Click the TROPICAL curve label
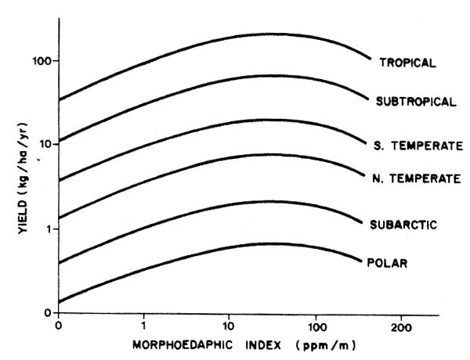(x=407, y=63)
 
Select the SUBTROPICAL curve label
(x=416, y=102)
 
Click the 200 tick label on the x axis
(x=400, y=326)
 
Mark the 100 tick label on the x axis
(x=316, y=326)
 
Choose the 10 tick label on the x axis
(x=230, y=326)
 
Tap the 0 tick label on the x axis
(x=59, y=326)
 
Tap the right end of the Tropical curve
(x=370, y=58)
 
